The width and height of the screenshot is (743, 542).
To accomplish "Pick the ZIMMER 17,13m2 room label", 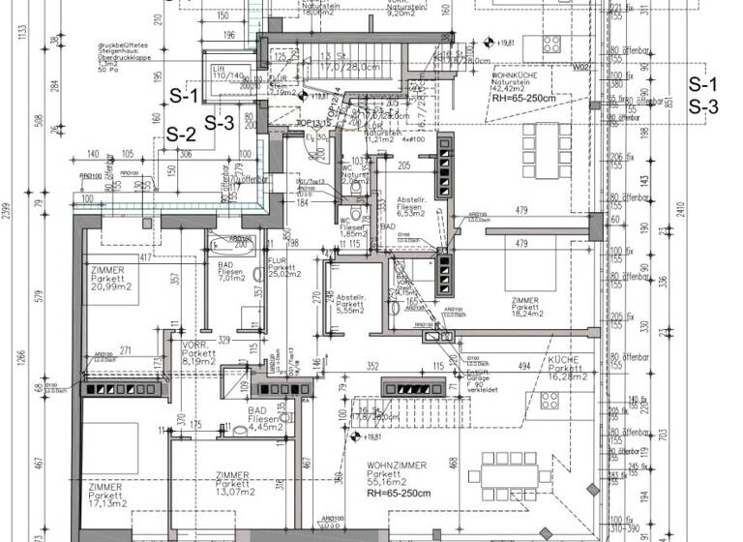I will point(108,495).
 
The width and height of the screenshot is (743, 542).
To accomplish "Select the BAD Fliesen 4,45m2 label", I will point(267,417).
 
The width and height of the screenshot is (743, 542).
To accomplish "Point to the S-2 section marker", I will point(182,134).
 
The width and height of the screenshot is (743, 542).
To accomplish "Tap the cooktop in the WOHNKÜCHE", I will point(551,44).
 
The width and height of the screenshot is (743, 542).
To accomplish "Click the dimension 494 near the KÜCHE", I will point(523,366).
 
